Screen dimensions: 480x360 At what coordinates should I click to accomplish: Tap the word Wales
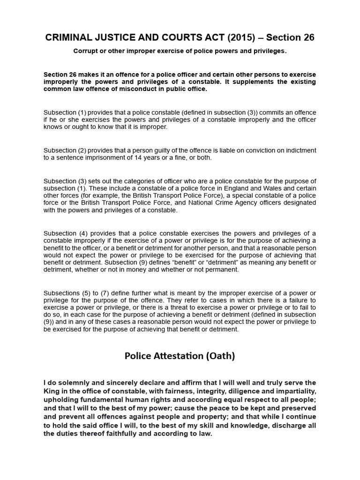pyautogui.click(x=257, y=188)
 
